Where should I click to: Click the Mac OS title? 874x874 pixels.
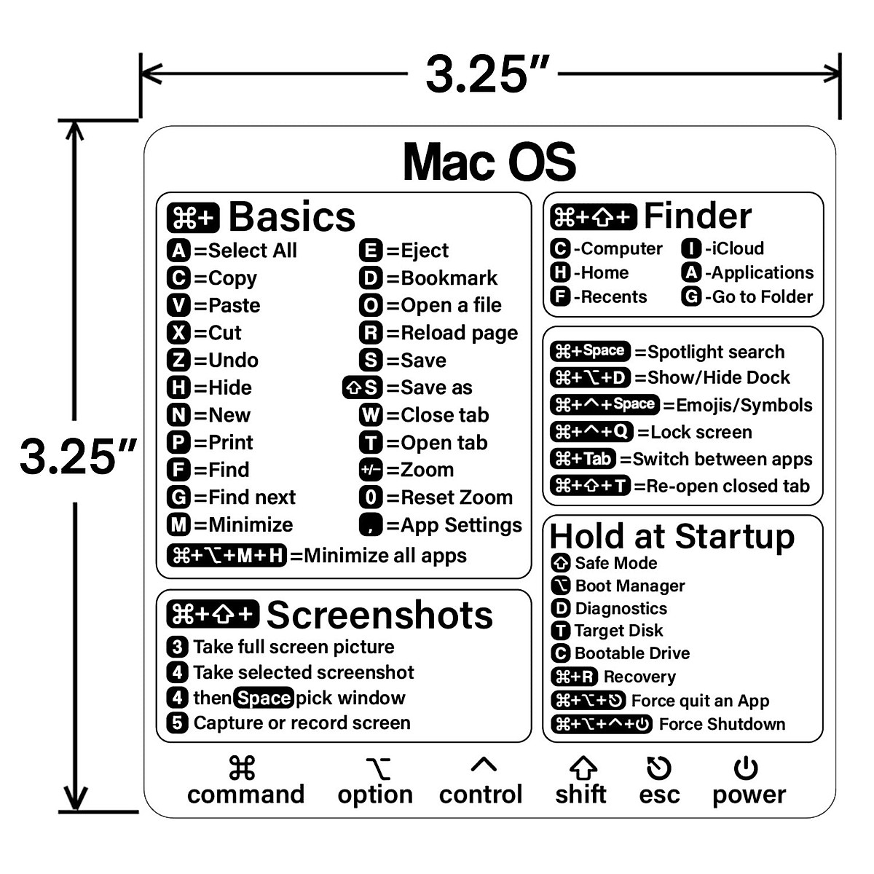[489, 162]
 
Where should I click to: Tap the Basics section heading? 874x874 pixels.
[291, 217]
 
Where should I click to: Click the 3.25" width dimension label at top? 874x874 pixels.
[487, 74]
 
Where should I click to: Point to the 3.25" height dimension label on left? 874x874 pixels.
[76, 457]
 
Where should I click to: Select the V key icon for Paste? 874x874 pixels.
[178, 306]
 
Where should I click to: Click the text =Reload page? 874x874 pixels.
[452, 334]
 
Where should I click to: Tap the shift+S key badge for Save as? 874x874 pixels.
[362, 388]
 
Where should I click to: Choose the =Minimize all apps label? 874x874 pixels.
[378, 556]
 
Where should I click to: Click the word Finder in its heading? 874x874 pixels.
[697, 216]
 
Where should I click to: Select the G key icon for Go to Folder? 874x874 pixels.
[691, 297]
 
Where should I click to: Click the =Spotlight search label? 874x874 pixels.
[709, 353]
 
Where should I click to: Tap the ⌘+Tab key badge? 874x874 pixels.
[583, 460]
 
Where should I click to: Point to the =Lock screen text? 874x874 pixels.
[694, 433]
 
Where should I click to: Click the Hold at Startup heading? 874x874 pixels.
[672, 537]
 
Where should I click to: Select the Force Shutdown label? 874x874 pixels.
[722, 725]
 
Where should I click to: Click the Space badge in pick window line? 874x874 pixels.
[264, 698]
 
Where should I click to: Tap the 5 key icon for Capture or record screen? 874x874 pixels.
[177, 723]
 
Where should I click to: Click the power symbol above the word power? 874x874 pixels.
[746, 768]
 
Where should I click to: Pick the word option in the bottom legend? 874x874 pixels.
[375, 795]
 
